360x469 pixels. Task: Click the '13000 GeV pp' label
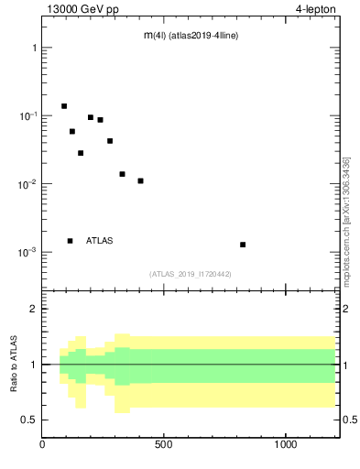pyautogui.click(x=82, y=9)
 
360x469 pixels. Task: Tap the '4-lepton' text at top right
pyautogui.click(x=314, y=9)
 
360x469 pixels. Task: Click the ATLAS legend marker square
pyautogui.click(x=70, y=241)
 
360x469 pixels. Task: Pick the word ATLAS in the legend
pyautogui.click(x=100, y=241)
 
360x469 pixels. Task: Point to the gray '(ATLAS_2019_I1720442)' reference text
pyautogui.click(x=191, y=274)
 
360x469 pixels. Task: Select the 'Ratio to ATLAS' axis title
pyautogui.click(x=14, y=364)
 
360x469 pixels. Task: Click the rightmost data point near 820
pyautogui.click(x=243, y=245)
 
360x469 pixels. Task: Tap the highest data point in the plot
pyautogui.click(x=64, y=106)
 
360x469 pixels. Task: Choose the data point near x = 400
pyautogui.click(x=140, y=180)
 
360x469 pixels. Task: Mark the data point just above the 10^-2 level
pyautogui.click(x=122, y=174)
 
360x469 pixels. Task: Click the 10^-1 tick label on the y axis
pyautogui.click(x=28, y=115)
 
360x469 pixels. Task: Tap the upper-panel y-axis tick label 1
pyautogui.click(x=34, y=48)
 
